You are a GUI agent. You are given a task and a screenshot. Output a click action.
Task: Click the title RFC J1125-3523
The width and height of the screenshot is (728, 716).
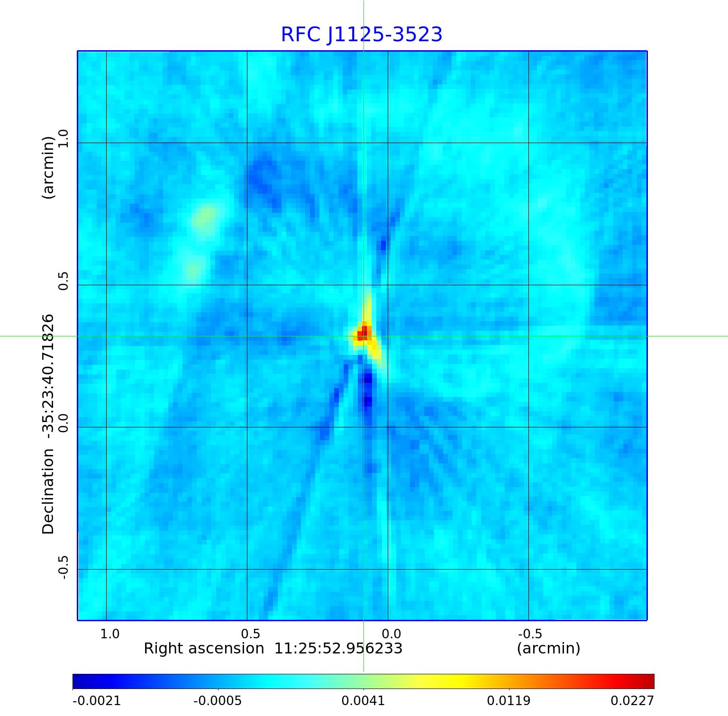(362, 35)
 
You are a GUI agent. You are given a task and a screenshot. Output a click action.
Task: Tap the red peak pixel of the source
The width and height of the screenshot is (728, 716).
(363, 333)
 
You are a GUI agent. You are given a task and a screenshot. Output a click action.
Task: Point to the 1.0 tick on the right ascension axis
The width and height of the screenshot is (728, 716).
(110, 634)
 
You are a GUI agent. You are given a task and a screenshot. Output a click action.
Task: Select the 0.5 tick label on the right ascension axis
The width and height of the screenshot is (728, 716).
(251, 634)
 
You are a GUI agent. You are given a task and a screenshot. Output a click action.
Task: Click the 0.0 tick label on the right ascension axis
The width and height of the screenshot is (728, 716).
(391, 634)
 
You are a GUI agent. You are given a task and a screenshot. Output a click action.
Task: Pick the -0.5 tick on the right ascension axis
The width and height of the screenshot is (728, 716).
(530, 634)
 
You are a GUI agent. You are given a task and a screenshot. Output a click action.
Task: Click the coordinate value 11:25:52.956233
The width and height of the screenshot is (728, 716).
(338, 648)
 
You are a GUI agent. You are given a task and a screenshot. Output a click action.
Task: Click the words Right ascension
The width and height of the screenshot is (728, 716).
(204, 648)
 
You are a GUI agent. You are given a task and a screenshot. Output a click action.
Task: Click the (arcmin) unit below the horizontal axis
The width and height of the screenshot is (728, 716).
(548, 648)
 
